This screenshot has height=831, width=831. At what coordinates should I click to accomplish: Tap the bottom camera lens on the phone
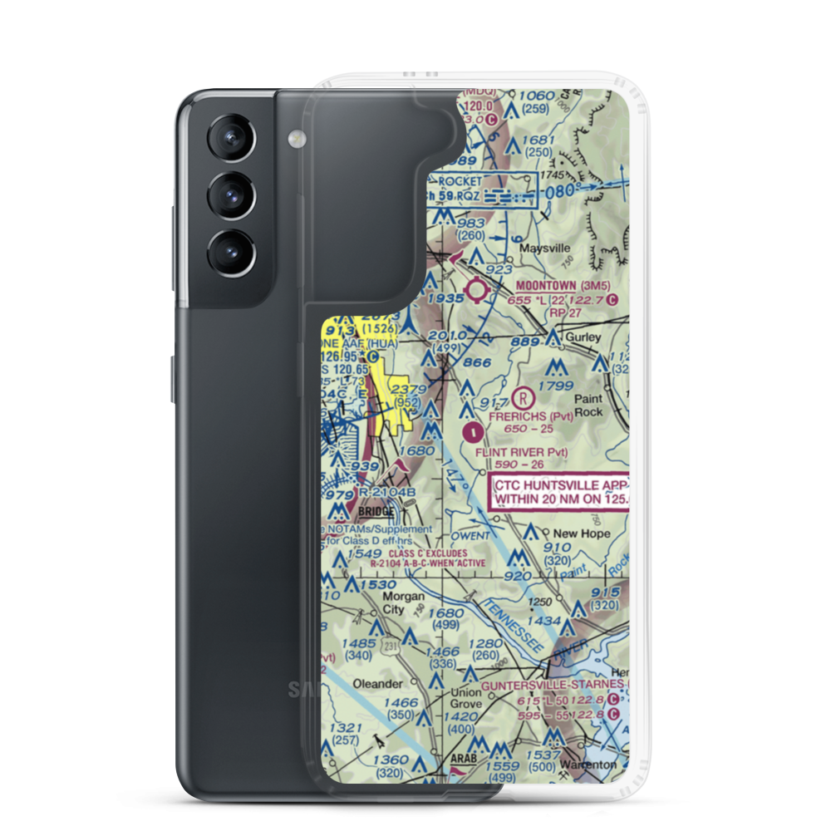coord(228,252)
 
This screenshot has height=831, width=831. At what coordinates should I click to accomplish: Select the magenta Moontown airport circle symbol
coord(478,289)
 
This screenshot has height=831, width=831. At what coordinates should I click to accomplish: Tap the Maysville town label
coord(544,248)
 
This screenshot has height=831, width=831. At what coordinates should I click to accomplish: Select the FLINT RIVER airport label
coord(521,452)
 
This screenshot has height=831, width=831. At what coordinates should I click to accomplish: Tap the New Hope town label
coord(582,534)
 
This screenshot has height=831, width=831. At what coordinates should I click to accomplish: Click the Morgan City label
coord(404,602)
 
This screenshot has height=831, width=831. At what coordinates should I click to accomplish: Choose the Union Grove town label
coord(465,698)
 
